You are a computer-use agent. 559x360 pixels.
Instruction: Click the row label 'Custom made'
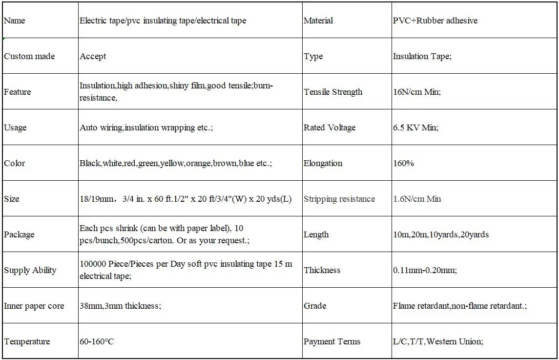pos(29,56)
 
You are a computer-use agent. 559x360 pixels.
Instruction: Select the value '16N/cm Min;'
pos(416,92)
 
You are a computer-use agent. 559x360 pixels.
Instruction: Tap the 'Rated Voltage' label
pos(329,127)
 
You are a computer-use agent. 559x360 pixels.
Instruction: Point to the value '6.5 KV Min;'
pos(415,127)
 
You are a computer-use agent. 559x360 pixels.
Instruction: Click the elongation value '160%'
pos(403,163)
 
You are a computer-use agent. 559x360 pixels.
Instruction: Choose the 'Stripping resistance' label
pos(339,199)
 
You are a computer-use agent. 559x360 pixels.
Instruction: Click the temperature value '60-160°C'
pos(97,341)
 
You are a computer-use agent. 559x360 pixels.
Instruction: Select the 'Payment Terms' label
pos(331,341)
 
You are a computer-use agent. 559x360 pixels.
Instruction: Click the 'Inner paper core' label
pos(34,306)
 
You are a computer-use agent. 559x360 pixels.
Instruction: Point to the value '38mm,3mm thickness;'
pos(120,306)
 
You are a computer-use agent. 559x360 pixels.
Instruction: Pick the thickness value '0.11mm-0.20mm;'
pos(425,270)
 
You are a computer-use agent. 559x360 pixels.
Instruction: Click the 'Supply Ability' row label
pos(30,270)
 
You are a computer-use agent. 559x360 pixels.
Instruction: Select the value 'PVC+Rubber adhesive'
pos(435,21)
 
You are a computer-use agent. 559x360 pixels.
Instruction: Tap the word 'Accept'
pos(93,56)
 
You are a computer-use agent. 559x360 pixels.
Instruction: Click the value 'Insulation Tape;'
pos(422,56)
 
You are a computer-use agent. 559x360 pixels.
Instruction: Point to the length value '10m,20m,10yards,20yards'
pos(440,234)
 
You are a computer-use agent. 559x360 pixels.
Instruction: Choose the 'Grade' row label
pos(314,306)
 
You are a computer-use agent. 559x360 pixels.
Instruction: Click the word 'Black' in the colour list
pos(90,163)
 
